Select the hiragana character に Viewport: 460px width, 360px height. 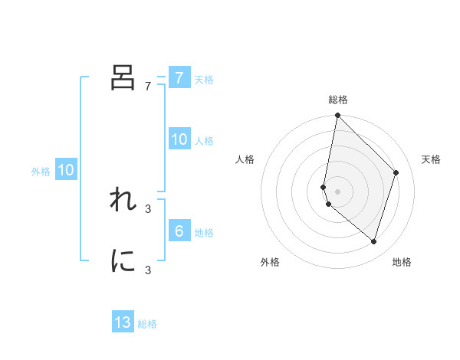123,260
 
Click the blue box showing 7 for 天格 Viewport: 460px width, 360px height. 179,77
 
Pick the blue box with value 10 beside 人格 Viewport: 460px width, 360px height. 179,139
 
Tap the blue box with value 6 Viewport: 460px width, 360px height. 179,231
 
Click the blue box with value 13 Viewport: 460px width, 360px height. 123,322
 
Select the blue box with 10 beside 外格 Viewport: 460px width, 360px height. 65,170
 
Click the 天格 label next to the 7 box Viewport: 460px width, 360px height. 204,80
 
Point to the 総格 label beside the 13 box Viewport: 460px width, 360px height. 147,325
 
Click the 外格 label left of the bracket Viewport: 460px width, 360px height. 41,172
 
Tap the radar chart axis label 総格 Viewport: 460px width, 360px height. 338,100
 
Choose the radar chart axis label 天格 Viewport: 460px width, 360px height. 431,159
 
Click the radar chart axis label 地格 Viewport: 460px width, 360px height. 402,262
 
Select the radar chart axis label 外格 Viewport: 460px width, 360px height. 270,262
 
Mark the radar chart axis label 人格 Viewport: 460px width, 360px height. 245,159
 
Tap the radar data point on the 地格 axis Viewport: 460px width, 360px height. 373,241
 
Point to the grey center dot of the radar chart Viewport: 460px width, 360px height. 338,191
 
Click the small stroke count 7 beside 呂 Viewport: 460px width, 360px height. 147,86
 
